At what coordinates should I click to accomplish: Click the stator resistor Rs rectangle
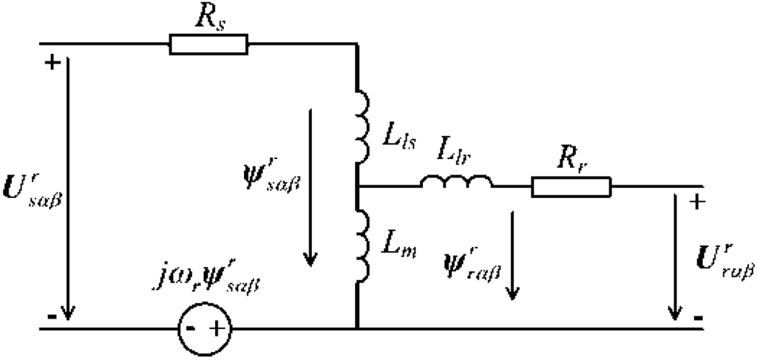[x=209, y=45]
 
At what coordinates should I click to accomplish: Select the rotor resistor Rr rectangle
[x=571, y=187]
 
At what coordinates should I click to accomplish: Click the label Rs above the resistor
[x=209, y=16]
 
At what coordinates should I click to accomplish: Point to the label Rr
[x=570, y=157]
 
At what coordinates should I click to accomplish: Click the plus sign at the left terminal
[x=51, y=63]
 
